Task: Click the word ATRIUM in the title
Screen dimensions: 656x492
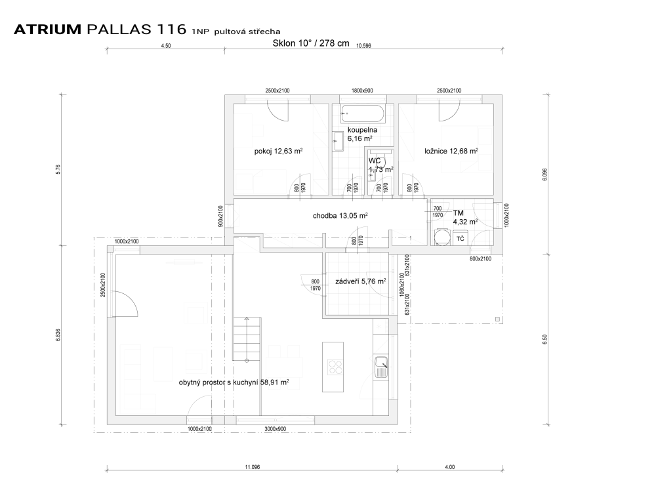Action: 47,30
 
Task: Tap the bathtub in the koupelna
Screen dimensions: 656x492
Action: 362,113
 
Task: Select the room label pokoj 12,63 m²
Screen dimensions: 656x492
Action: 278,151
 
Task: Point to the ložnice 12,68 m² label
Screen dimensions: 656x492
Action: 451,151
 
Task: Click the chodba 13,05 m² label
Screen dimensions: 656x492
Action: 340,216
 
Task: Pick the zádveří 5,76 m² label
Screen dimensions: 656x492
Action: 360,281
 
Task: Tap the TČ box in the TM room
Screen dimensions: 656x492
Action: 461,239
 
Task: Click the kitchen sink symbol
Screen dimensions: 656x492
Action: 380,367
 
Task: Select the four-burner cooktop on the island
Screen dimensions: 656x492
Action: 335,367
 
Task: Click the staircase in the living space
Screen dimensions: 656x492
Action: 247,339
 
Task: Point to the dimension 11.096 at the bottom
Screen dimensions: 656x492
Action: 253,467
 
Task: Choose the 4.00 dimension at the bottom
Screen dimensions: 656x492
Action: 450,467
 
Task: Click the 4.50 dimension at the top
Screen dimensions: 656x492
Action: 166,46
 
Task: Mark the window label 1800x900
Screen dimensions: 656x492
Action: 362,91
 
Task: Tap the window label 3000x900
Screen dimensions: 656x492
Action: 276,429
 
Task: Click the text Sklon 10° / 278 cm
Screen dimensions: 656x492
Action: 311,43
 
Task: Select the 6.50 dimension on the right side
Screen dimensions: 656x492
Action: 544,339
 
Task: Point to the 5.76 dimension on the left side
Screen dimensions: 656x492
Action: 58,169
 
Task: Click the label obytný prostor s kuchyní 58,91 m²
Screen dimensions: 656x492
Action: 234,382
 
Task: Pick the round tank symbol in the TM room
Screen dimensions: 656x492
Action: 441,237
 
